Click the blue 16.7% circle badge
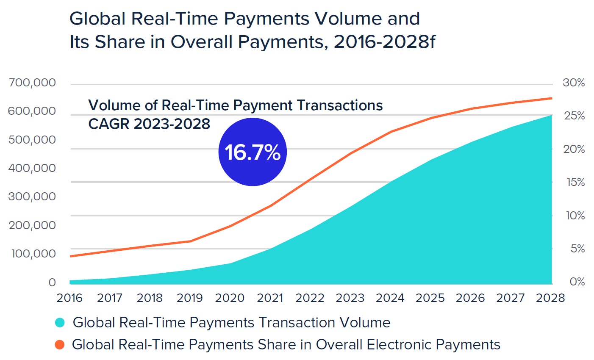[253, 152]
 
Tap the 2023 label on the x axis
[350, 298]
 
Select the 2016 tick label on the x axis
[69, 298]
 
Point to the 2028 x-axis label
[550, 298]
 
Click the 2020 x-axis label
[230, 298]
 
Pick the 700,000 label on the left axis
[32, 83]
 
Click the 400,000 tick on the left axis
[32, 168]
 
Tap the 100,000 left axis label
[33, 254]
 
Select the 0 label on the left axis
[52, 282]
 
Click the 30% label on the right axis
[574, 83]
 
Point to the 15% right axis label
[575, 183]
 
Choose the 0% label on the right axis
[577, 282]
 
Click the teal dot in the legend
[60, 323]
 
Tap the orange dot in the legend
[60, 345]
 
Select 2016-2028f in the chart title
[384, 42]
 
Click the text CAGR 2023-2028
[149, 124]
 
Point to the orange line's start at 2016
[70, 256]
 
